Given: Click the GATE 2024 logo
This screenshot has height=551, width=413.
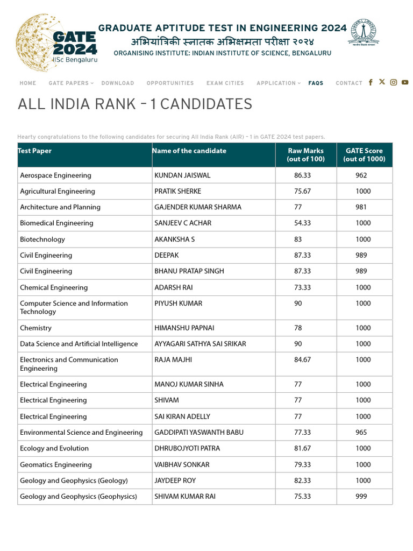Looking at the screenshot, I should (56, 43).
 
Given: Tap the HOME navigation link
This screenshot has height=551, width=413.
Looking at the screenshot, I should (28, 83).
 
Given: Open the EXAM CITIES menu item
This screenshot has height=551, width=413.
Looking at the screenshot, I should (225, 83).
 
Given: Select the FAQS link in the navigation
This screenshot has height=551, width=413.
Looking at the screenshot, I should (316, 83).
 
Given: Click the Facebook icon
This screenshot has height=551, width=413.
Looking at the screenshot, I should (371, 82).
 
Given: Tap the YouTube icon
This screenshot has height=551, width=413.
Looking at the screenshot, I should (405, 82).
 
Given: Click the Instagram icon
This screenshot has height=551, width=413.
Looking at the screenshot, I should (394, 82).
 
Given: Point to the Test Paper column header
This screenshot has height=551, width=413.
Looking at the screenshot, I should (35, 151).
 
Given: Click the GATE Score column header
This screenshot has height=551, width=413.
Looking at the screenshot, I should (364, 155).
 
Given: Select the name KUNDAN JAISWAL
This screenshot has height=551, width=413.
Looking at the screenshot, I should (182, 175).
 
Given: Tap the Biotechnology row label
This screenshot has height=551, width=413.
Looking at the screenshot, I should (42, 239).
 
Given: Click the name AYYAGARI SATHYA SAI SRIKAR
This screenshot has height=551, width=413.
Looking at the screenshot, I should (200, 344).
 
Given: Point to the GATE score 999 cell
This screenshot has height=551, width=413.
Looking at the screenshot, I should (361, 497).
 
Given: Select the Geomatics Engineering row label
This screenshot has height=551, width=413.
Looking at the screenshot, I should (56, 465).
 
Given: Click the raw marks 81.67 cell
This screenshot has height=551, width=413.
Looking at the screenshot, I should (302, 448).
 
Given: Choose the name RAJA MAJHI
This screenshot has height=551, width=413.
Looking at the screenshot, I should (173, 360).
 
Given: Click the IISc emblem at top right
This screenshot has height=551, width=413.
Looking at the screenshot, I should (364, 32).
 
